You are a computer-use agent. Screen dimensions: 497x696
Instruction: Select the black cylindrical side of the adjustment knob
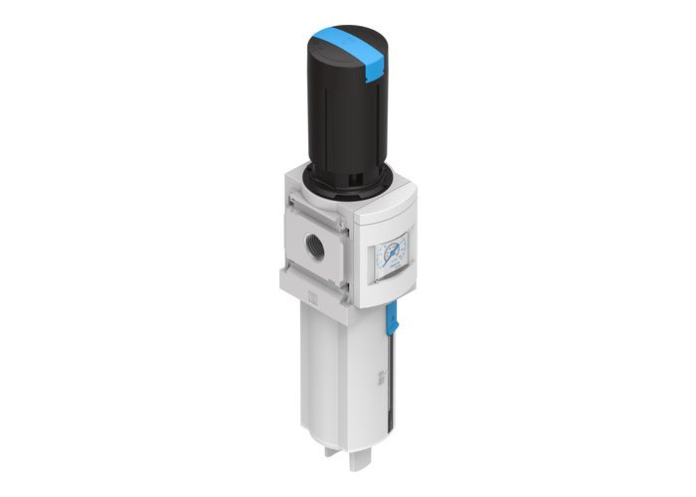[x=343, y=119]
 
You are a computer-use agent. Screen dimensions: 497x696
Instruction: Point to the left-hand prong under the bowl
[x=331, y=464]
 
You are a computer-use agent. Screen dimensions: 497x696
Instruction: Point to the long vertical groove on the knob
[x=328, y=119]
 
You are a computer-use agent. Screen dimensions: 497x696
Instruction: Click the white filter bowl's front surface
[x=333, y=378]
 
